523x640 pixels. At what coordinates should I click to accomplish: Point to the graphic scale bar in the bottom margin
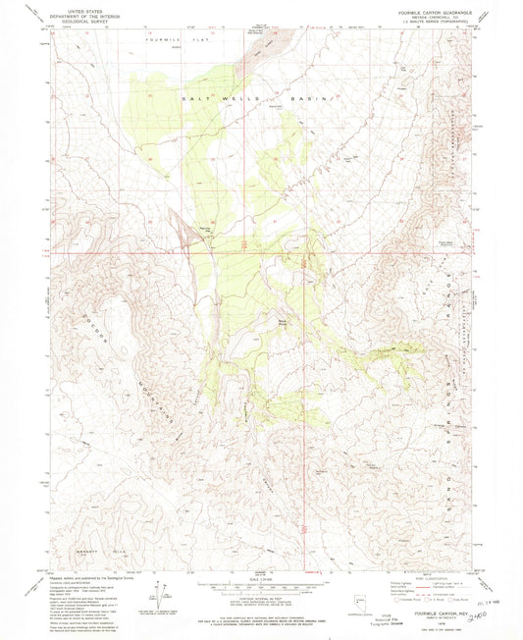point(261,584)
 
